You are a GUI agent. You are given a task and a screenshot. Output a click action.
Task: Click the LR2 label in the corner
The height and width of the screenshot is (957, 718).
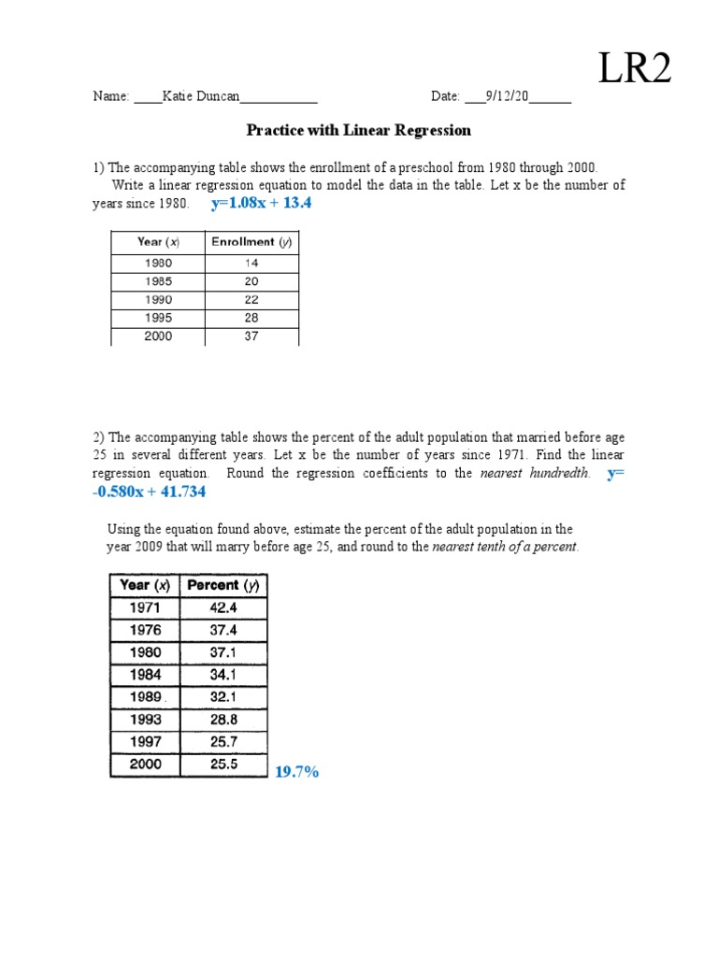pyautogui.click(x=635, y=67)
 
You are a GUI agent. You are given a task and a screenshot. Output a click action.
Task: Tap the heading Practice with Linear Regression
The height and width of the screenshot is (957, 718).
pyautogui.click(x=358, y=131)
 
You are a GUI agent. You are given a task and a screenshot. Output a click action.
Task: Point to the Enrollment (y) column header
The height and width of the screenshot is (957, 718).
pyautogui.click(x=251, y=242)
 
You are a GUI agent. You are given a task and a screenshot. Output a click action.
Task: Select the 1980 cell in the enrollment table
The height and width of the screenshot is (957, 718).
pyautogui.click(x=157, y=264)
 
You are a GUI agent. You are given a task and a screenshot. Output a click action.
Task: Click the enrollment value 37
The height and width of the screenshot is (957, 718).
pyautogui.click(x=251, y=336)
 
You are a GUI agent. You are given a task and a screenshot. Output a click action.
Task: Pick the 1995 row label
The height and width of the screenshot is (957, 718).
pyautogui.click(x=157, y=319)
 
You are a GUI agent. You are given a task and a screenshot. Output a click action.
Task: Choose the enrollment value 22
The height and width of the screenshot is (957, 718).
pyautogui.click(x=251, y=300)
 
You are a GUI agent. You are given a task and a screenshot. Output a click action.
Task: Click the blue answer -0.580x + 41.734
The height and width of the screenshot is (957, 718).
pyautogui.click(x=150, y=492)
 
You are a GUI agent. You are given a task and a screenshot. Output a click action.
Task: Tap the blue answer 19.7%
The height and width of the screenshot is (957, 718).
pyautogui.click(x=296, y=772)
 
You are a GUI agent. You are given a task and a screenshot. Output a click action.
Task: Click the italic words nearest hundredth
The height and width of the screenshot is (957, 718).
pyautogui.click(x=535, y=474)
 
